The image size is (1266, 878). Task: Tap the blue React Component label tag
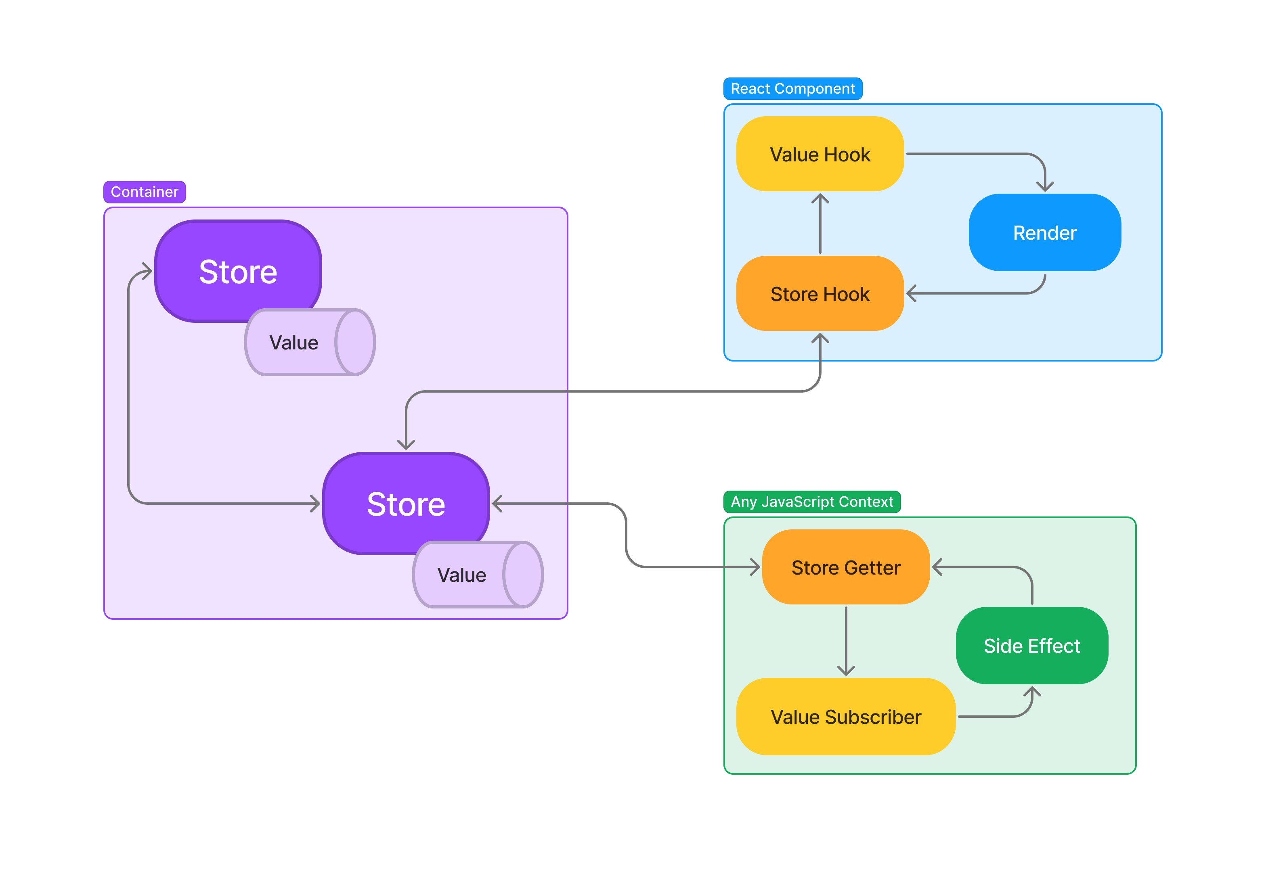pos(792,89)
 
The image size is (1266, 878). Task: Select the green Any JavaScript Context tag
pos(811,501)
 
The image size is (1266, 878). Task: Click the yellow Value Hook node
pos(820,154)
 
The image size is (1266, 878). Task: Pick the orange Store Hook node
pos(820,293)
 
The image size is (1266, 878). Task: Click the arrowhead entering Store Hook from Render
pos(912,293)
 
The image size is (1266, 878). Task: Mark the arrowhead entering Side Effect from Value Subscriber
pos(1031,691)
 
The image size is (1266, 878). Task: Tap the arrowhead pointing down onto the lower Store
pos(406,445)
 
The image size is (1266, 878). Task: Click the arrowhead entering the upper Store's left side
pos(147,271)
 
